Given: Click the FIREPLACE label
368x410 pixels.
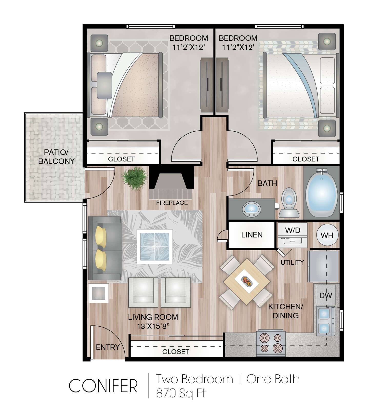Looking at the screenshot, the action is pos(172,203).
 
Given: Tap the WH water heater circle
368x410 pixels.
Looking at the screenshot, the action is pos(327,235).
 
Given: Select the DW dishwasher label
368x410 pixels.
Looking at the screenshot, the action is pos(325,295).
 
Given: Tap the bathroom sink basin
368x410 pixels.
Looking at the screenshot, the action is pos(251,209).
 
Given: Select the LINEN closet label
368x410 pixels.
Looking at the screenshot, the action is pos(252,235).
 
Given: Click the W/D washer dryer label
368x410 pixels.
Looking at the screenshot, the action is pos(292,230).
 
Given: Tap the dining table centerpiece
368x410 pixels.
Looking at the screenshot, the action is pos(247,281).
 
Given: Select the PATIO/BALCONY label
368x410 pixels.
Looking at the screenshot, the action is pos(56,157).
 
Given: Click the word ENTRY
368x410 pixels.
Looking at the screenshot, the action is pos(108,347).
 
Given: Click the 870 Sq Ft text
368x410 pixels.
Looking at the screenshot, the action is pos(181,393).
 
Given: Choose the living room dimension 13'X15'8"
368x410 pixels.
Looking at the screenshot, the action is pos(153,326).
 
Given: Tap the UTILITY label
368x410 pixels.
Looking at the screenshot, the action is pos(292,262).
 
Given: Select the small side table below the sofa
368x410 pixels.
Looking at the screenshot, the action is pos(98,293).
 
